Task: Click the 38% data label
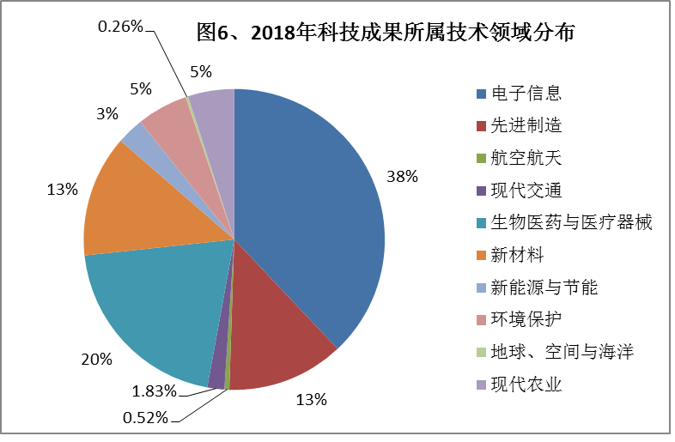click(x=402, y=177)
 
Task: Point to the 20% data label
click(x=97, y=360)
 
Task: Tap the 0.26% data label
click(x=120, y=27)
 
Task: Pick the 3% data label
click(x=107, y=112)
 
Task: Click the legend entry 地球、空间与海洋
click(x=562, y=351)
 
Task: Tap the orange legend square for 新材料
click(x=481, y=255)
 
